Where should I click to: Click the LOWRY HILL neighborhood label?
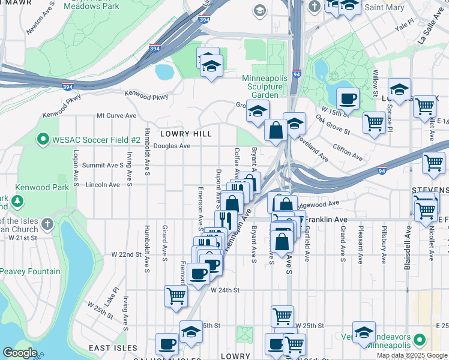point(185,133)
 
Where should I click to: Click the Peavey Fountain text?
point(30,272)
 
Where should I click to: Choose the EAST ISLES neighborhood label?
point(113,348)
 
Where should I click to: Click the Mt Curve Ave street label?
point(116,115)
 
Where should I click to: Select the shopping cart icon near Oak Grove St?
point(375,122)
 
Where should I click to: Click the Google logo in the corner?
point(20,353)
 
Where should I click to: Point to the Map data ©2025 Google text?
point(412,355)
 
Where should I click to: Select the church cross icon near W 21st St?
point(47,224)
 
